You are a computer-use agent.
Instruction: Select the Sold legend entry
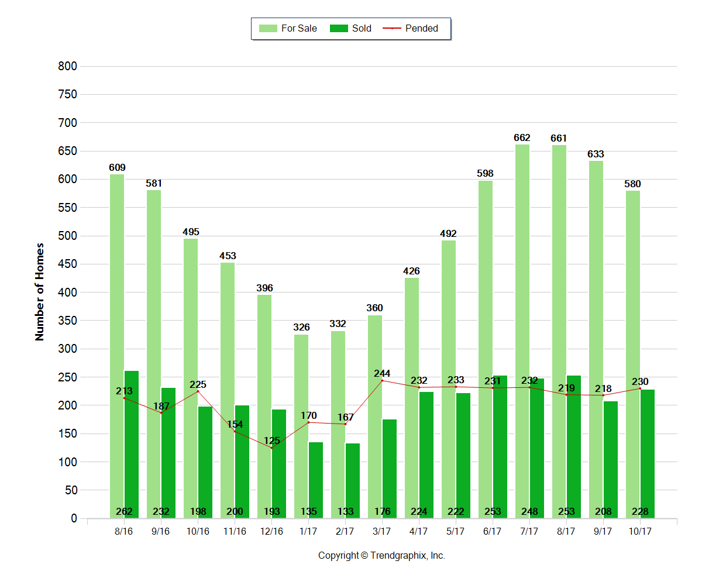coord(352,28)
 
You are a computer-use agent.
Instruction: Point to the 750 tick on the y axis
coord(68,95)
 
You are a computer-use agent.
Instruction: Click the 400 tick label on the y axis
coord(68,292)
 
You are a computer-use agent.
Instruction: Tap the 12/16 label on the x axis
coord(271,532)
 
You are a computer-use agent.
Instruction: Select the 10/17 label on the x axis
coord(640,532)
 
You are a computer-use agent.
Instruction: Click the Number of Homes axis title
coord(40,291)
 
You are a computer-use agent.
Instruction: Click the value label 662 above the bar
coord(522,138)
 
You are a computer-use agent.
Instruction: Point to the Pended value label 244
coord(382,373)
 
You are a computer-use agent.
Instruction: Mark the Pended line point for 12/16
coord(271,448)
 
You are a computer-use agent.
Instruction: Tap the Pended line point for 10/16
coord(198,391)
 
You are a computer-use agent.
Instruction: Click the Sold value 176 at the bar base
coord(382,512)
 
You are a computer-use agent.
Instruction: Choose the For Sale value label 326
coord(301,327)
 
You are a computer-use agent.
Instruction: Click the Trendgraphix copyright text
coord(381,556)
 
